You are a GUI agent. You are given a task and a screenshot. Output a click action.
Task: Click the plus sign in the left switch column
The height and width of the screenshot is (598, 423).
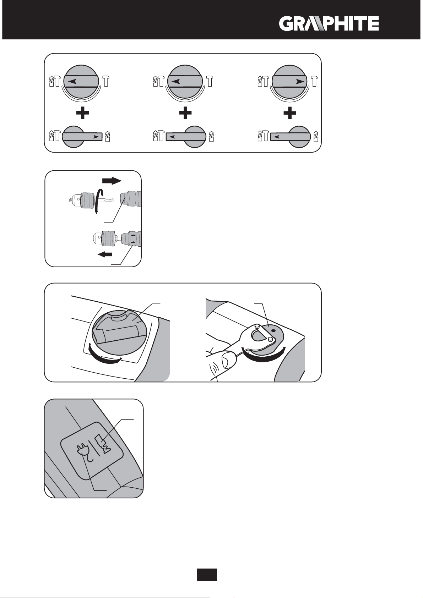82,114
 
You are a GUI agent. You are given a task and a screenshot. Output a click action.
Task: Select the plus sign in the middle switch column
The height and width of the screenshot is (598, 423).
185,114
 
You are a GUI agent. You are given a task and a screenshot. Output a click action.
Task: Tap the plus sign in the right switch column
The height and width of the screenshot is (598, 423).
290,114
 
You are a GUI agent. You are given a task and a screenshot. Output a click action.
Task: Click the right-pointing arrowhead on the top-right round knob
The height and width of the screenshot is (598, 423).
300,81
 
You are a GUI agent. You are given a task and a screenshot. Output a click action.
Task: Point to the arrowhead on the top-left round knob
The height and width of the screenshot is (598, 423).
72,81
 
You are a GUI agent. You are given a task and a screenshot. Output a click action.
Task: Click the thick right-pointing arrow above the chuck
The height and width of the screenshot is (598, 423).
112,181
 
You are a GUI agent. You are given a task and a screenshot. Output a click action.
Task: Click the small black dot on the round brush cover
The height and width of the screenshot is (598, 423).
273,330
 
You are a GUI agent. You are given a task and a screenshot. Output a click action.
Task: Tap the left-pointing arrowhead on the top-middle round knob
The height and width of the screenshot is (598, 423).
176,81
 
